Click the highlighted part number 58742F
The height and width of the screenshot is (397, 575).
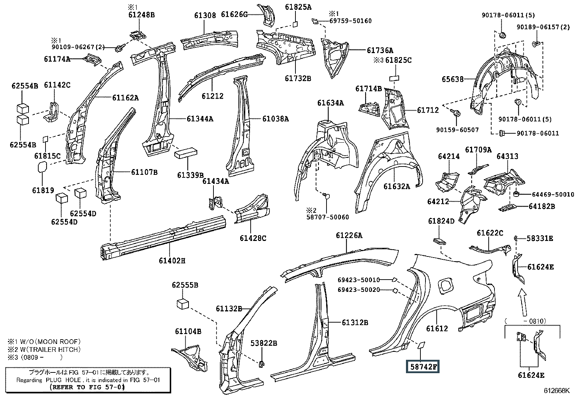tap(423, 367)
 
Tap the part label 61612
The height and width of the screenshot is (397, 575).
tap(437, 328)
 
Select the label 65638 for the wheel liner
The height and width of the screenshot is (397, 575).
tap(453, 79)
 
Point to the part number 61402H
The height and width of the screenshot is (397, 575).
tap(172, 261)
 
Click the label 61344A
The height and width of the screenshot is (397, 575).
tap(200, 118)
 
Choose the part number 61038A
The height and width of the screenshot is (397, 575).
tap(276, 118)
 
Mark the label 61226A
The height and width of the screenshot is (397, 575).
tap(349, 235)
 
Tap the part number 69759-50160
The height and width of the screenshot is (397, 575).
tap(351, 21)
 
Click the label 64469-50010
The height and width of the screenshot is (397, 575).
tap(553, 194)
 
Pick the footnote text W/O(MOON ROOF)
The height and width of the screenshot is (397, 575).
tap(51, 341)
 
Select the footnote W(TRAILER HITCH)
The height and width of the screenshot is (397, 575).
tap(51, 349)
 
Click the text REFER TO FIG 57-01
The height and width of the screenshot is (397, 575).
tap(87, 387)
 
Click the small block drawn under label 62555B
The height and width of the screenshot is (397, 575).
tap(183, 304)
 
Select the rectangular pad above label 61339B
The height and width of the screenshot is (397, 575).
tap(186, 153)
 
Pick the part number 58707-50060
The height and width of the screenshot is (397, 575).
tap(328, 217)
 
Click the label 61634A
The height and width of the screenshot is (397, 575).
tap(330, 103)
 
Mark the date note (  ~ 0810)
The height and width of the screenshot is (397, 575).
tap(526, 321)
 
